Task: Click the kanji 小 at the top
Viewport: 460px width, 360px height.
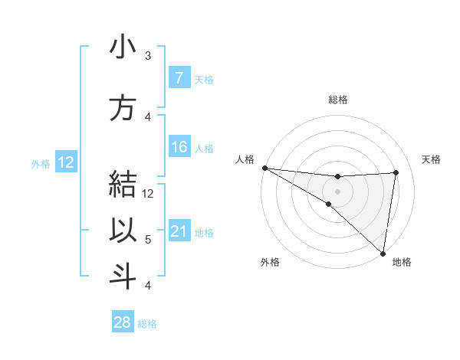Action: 123,48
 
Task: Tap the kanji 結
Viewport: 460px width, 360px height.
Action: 123,186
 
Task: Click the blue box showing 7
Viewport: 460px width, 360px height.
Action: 179,78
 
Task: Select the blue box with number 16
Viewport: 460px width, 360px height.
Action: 179,147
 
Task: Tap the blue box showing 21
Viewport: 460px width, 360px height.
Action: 179,231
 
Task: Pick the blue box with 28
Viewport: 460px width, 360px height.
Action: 123,322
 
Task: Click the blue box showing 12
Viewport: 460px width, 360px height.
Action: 64,162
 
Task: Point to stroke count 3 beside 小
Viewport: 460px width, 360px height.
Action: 148,56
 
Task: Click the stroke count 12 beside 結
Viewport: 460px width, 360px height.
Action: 148,194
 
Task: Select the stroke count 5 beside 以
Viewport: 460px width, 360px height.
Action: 148,240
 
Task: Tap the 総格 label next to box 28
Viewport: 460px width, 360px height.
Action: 148,324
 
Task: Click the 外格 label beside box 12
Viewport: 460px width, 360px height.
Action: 41,163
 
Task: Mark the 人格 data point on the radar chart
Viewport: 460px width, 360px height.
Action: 264,168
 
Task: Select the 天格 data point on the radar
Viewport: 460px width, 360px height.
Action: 396,172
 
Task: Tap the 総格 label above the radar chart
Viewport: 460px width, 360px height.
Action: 338,100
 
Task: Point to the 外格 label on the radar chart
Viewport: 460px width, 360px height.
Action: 270,262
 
